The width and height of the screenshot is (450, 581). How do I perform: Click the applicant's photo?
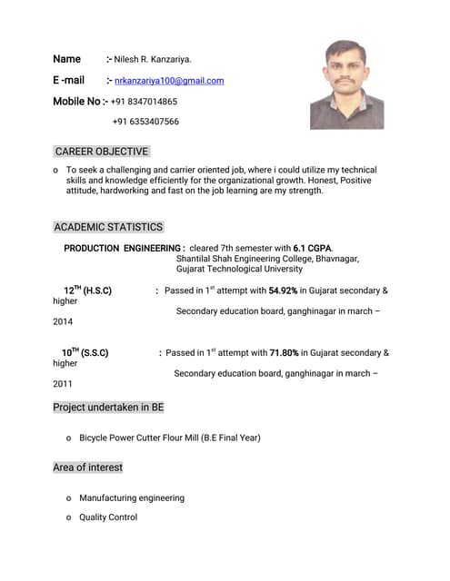(x=346, y=84)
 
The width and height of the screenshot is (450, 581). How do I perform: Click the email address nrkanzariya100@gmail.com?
(x=169, y=81)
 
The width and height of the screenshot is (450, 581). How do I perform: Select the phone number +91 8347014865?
(x=144, y=102)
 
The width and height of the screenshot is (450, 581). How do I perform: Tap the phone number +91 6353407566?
(x=145, y=122)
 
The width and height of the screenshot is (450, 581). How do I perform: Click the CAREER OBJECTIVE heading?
(x=101, y=152)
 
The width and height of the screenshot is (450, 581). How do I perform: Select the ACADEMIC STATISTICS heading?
(x=108, y=227)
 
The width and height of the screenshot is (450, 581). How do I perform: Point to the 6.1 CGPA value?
(x=312, y=248)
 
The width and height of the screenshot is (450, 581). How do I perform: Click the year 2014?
(x=63, y=321)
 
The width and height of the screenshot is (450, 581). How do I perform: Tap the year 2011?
(x=63, y=384)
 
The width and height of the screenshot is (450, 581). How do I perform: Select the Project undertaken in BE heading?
(x=108, y=408)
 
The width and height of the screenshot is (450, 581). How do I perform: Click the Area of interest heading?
(x=87, y=468)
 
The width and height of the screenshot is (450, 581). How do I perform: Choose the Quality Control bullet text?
(x=108, y=517)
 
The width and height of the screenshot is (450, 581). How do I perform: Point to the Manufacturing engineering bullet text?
(x=132, y=497)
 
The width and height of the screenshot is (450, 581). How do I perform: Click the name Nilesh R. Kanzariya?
(x=153, y=60)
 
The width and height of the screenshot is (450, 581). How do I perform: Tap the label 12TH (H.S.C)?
(x=87, y=290)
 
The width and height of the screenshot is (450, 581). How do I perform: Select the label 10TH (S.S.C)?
(x=85, y=353)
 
